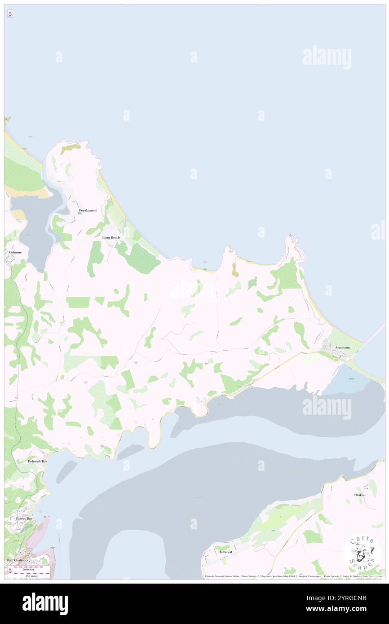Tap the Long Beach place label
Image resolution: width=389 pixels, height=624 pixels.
tap(111, 237)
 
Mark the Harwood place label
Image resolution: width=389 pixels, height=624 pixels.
tap(225, 552)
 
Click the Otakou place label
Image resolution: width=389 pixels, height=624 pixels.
tap(360, 495)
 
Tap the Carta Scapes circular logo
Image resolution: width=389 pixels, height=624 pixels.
tap(362, 553)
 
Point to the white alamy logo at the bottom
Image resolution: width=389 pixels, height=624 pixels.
tap(45, 604)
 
